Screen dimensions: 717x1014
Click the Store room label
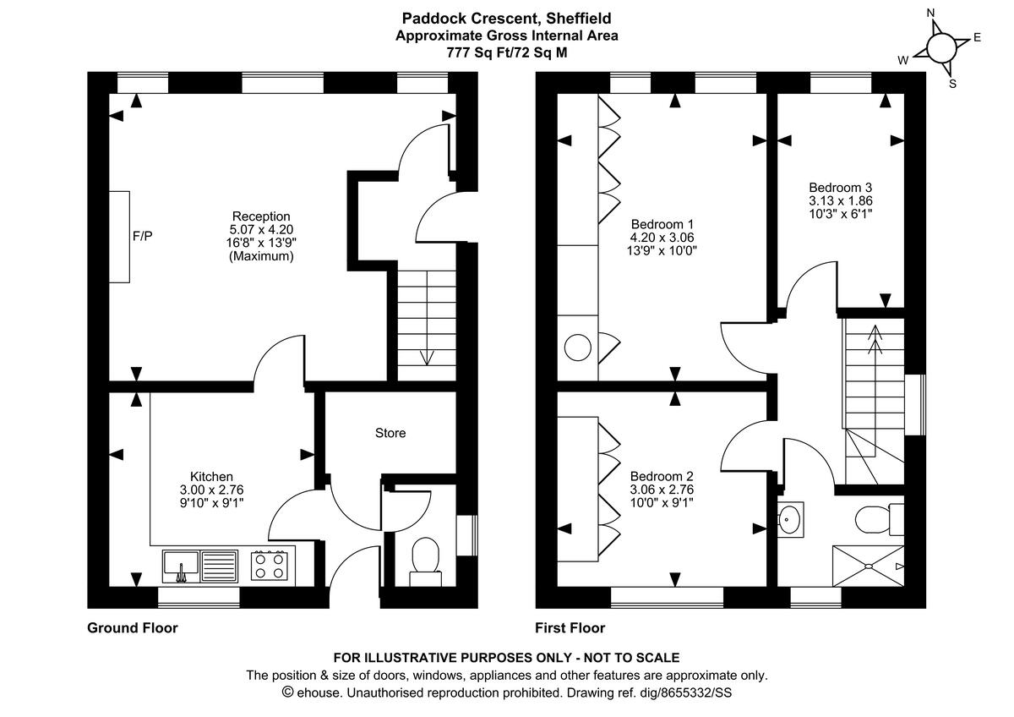point(390,433)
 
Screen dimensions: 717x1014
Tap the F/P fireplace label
point(143,236)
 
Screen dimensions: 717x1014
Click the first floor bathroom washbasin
point(790,517)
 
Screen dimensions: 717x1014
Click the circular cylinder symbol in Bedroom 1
point(578,347)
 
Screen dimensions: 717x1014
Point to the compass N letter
point(930,14)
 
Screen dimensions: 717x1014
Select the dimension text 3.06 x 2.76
point(662,489)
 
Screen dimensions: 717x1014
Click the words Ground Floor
point(133,628)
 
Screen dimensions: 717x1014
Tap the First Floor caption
point(570,628)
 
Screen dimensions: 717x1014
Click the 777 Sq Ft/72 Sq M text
point(507,52)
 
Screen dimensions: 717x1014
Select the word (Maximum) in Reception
point(261,256)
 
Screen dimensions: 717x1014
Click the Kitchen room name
point(211,477)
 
